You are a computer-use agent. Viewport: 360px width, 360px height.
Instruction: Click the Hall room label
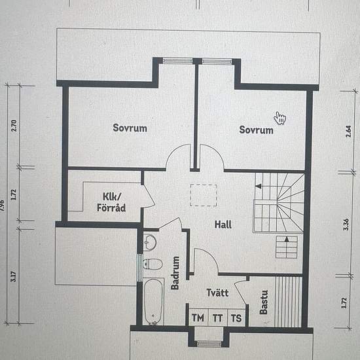tap(223, 225)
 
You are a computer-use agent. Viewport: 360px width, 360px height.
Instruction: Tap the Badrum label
tap(175, 273)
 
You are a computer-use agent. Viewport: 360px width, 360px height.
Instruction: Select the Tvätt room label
tap(217, 293)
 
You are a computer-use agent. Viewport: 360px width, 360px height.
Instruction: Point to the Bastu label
tap(264, 302)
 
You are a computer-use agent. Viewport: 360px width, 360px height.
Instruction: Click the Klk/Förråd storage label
tap(111, 202)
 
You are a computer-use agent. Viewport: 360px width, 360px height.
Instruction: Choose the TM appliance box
tap(198, 317)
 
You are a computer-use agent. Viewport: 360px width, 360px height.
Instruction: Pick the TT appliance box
tap(218, 317)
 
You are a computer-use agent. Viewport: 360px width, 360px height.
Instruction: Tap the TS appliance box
tap(236, 317)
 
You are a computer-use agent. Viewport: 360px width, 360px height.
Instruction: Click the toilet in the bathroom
tap(153, 264)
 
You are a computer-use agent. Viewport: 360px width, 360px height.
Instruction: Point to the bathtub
tap(154, 302)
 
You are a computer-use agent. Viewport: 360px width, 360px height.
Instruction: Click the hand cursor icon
tap(280, 118)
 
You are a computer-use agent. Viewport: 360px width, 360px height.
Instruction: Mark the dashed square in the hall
tap(204, 195)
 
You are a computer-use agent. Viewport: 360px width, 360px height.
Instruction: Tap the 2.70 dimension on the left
tap(14, 126)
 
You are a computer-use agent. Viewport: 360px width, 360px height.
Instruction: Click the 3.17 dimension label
tap(14, 277)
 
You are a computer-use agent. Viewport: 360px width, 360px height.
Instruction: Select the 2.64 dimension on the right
tap(348, 132)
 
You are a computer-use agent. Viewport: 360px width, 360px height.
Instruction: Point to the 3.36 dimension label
tap(346, 225)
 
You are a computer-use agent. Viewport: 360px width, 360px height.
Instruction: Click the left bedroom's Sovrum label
tap(130, 128)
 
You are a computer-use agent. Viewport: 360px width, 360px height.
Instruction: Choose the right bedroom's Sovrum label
tap(256, 130)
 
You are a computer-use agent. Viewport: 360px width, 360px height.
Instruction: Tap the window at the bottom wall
tap(209, 344)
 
